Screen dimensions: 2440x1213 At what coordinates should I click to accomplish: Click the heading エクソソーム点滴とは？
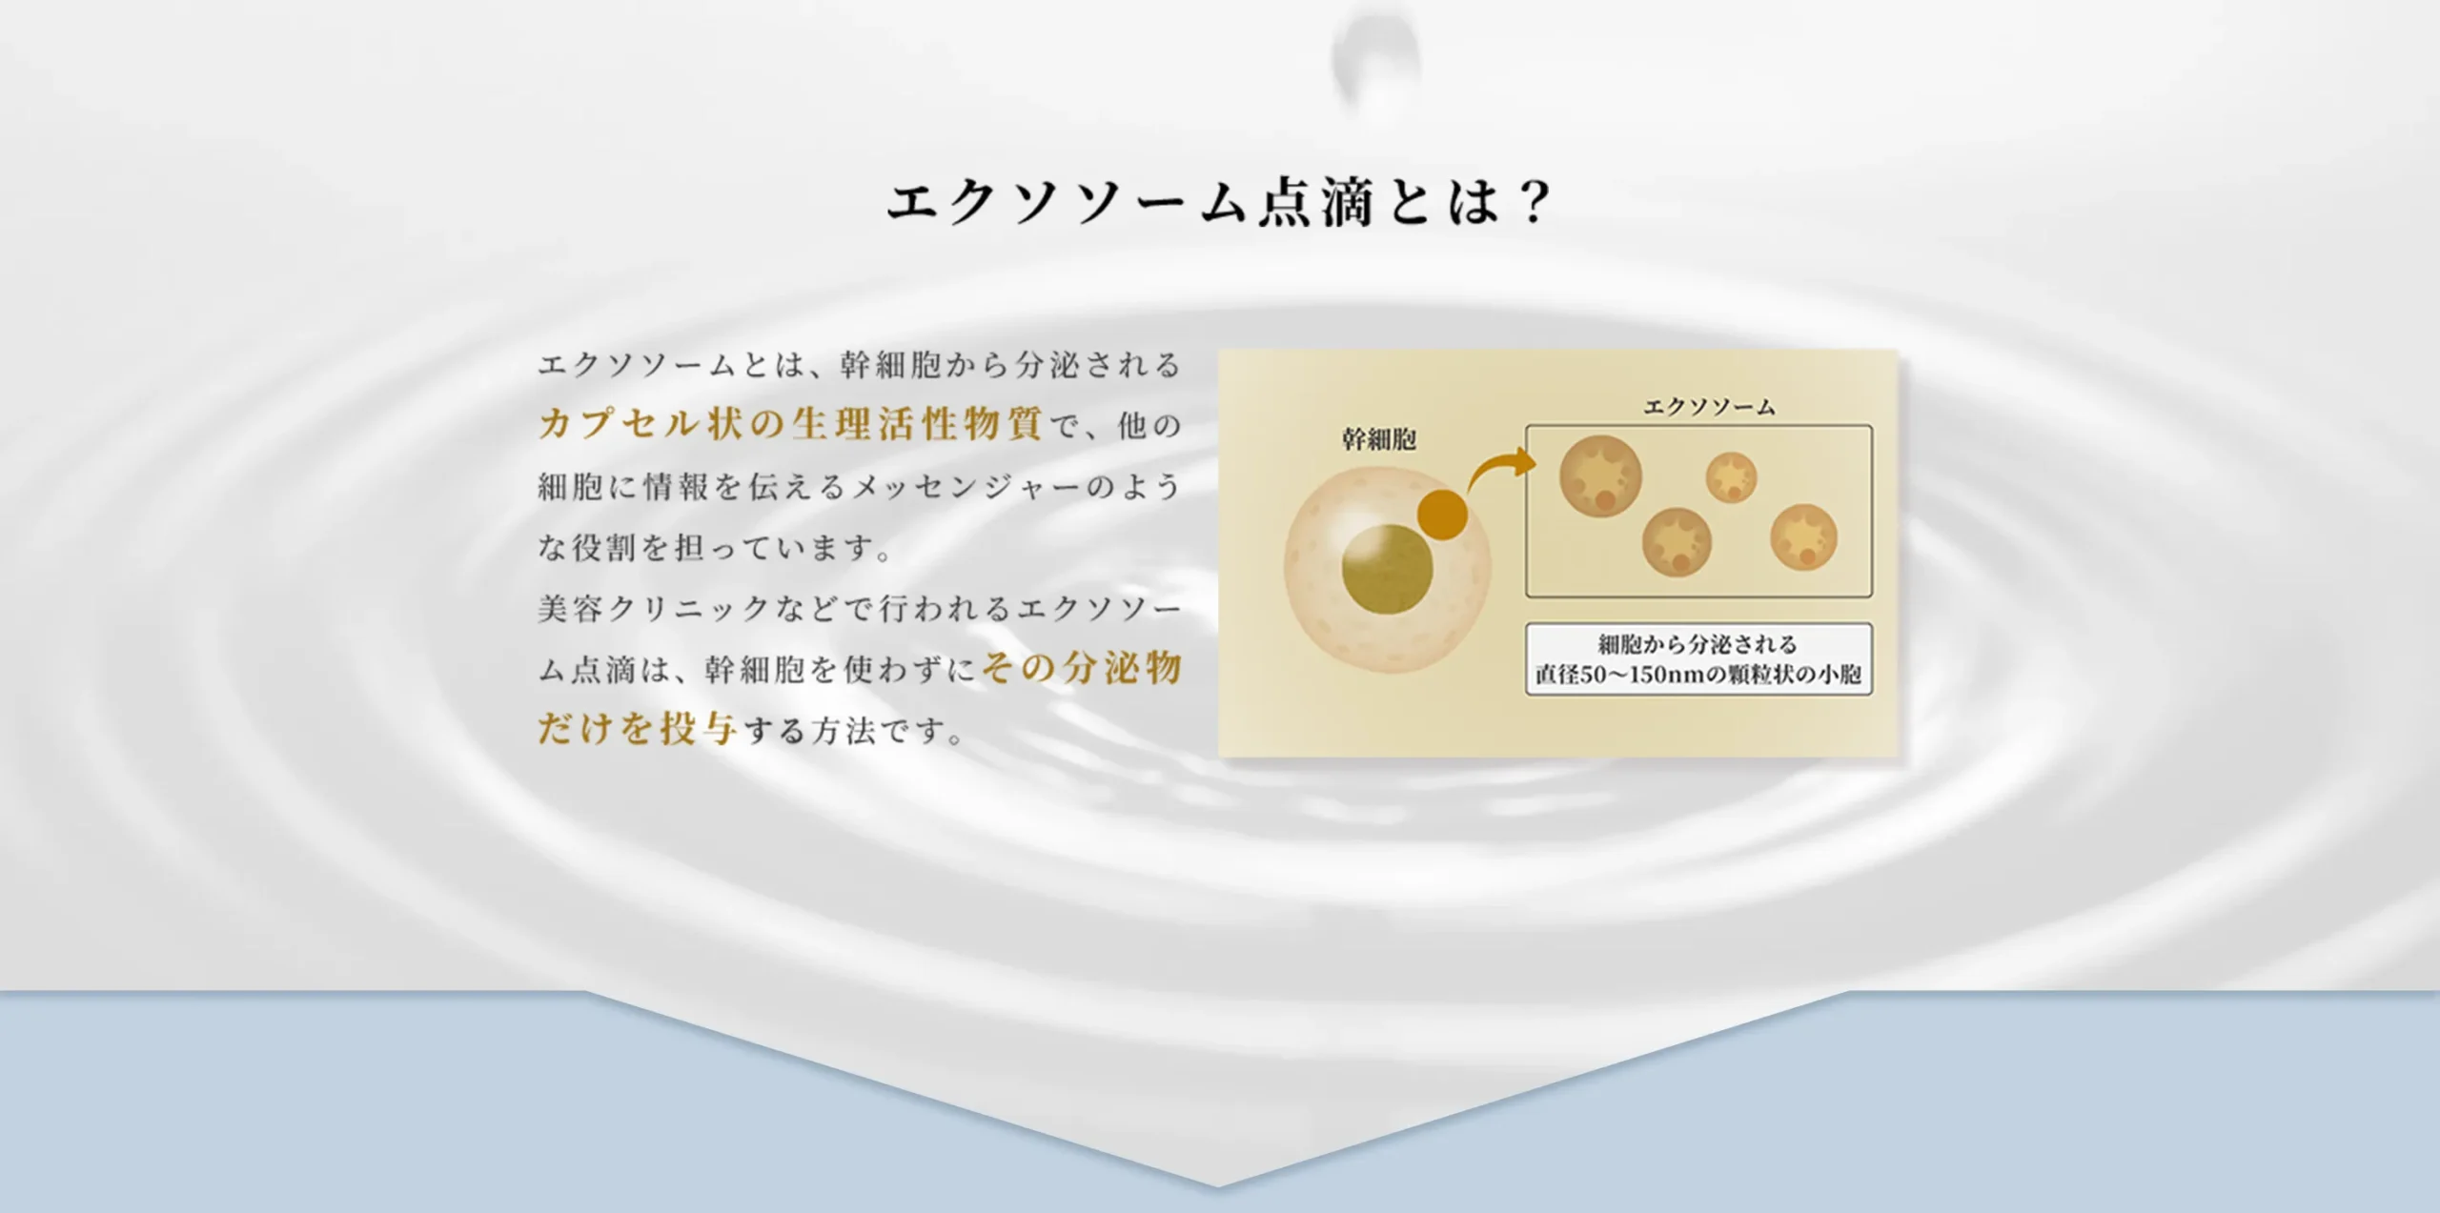(1219, 202)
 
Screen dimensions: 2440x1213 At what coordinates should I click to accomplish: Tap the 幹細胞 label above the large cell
(1378, 439)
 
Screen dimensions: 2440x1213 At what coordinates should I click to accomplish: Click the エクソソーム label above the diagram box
(1709, 407)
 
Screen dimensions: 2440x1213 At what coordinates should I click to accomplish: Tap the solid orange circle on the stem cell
(1442, 516)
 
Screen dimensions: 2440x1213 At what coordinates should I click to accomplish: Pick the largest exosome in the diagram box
(1600, 475)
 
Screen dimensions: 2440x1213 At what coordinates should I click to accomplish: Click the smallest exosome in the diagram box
(1731, 477)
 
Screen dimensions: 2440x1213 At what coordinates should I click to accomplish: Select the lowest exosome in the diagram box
(1677, 542)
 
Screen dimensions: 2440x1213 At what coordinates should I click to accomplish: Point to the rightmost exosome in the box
(1803, 537)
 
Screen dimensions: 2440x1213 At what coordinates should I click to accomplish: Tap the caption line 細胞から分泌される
(1698, 644)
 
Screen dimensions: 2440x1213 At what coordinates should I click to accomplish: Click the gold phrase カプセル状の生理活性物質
(790, 424)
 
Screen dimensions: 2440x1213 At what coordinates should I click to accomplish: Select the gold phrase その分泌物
(1082, 668)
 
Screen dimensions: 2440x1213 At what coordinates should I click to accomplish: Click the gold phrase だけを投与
(638, 729)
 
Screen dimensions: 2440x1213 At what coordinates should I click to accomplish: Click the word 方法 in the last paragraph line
(844, 731)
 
